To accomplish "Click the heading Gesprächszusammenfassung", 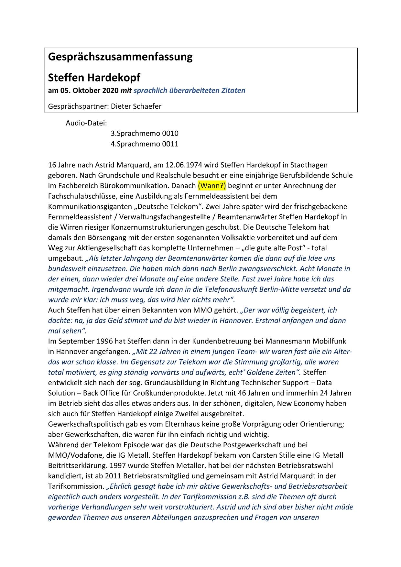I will pyautogui.click(x=120, y=57).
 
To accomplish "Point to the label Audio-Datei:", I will pyautogui.click(x=86, y=123).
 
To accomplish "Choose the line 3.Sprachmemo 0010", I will pyautogui.click(x=144, y=133).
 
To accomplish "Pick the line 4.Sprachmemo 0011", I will pyautogui.click(x=144, y=144).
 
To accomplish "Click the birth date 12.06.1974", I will pyautogui.click(x=184, y=165).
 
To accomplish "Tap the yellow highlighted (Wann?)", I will pyautogui.click(x=212, y=186).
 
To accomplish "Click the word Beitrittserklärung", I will pyautogui.click(x=77, y=465).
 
